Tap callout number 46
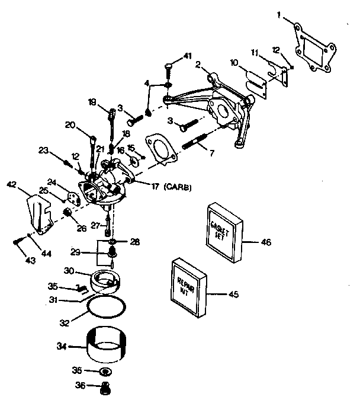266,242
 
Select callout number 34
61,345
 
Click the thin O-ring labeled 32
107,308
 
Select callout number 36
81,386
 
